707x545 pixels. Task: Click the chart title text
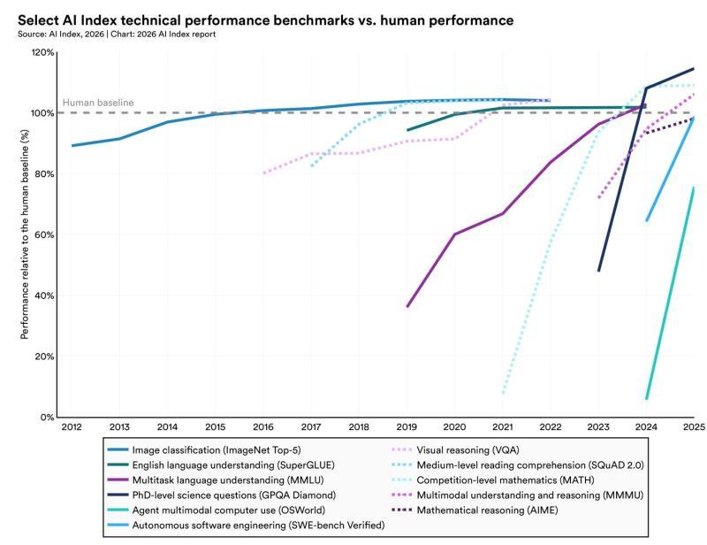[x=264, y=19]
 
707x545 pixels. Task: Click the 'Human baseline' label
[x=97, y=103]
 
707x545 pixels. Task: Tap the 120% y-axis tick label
[x=42, y=53]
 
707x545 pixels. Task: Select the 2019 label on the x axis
[x=407, y=427]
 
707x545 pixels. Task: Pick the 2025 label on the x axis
[x=693, y=427]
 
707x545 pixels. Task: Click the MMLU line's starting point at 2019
[x=407, y=306]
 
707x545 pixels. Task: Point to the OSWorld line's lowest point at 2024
[x=647, y=399]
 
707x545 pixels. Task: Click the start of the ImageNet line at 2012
[x=72, y=145]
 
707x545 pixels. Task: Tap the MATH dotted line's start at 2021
[x=503, y=393]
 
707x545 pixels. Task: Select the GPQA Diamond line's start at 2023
[x=599, y=271]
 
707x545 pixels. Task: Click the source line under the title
[x=115, y=34]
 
